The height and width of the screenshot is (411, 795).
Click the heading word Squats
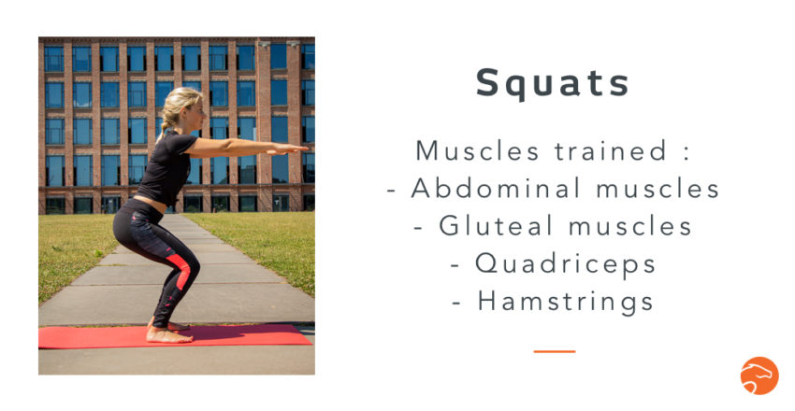(553, 83)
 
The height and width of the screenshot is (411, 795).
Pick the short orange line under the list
(554, 351)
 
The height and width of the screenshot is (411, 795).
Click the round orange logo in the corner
(759, 376)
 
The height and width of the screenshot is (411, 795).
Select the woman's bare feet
(169, 333)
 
